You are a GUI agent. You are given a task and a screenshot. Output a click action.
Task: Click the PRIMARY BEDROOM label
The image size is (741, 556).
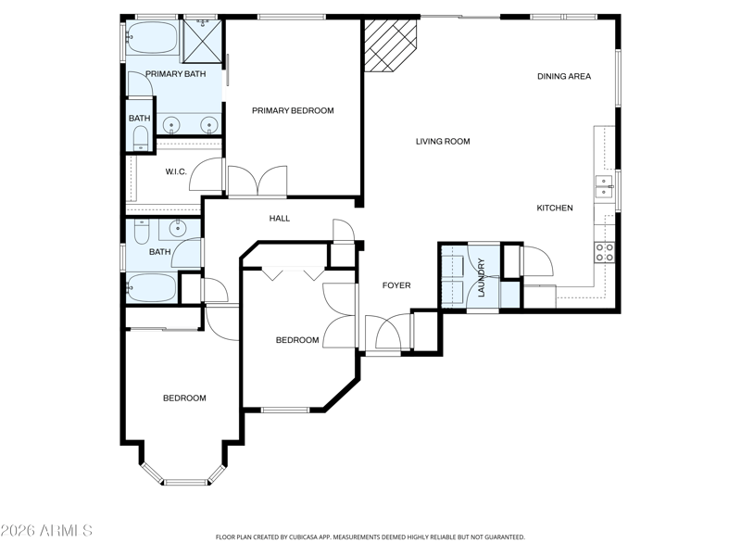293,110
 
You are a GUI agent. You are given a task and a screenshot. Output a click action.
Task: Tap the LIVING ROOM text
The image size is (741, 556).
443,142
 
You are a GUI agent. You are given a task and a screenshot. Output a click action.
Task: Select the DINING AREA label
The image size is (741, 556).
564,76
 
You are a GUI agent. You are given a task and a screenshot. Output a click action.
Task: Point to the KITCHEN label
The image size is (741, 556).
555,208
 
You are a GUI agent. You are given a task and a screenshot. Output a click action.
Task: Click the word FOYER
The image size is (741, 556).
396,285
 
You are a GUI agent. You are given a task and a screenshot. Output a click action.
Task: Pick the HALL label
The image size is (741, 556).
280,219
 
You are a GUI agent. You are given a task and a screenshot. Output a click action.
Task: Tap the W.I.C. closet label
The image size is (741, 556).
176,171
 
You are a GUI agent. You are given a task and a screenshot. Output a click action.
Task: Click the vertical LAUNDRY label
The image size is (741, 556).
482,277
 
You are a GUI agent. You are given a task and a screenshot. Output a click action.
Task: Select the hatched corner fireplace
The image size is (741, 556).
390,45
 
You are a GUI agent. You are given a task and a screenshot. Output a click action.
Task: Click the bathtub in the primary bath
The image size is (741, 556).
152,37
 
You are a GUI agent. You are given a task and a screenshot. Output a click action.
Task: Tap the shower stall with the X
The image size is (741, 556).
202,41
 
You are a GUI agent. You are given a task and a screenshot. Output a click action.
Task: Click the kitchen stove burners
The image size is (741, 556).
605,252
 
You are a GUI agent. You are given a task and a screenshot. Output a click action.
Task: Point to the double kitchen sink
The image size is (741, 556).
604,186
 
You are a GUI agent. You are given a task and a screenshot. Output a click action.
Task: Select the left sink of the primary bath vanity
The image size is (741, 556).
171,125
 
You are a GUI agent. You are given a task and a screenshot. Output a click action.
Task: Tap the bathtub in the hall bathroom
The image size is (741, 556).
151,287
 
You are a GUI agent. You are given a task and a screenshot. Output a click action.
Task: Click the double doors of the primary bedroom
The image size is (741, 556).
257,181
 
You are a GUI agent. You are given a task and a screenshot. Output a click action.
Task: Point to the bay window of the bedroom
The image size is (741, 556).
184,474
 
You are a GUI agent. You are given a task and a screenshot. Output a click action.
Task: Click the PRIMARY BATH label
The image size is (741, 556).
175,74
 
